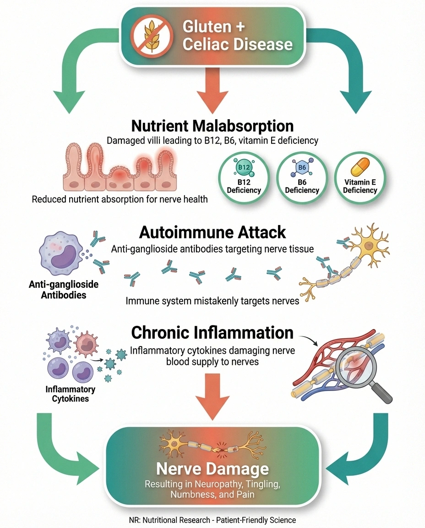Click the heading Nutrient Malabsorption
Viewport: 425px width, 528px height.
[212, 126]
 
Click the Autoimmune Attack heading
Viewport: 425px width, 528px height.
[212, 232]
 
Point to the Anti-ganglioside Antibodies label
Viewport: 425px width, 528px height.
[63, 290]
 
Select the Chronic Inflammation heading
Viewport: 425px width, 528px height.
[212, 332]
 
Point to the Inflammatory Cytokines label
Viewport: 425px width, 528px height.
[70, 394]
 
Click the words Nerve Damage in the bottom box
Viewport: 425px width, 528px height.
[212, 469]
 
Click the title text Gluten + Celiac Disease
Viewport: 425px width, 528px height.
[237, 36]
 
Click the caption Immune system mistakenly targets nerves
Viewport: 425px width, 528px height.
[212, 301]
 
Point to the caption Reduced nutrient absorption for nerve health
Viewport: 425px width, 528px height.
[120, 199]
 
